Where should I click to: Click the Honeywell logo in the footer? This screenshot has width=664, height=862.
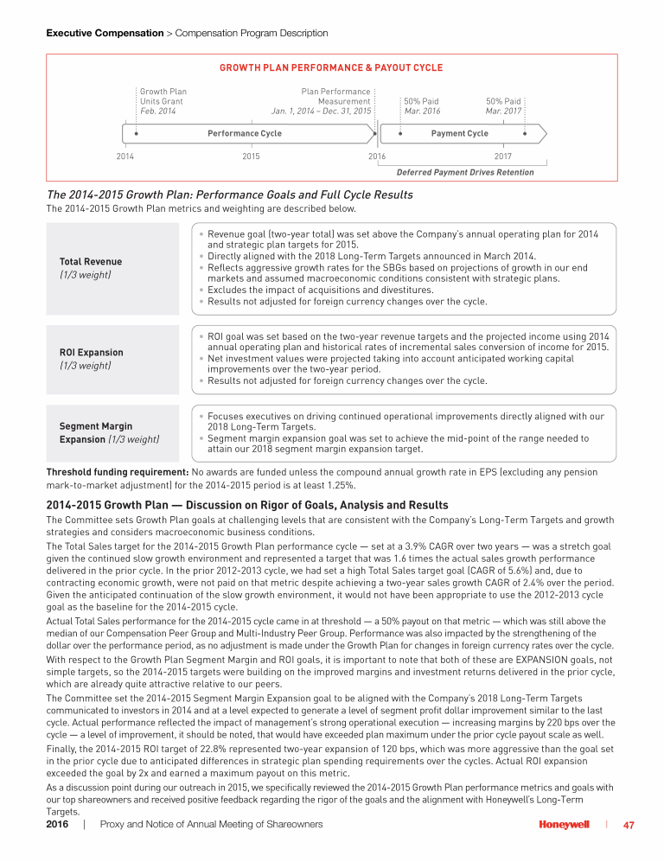pos(565,825)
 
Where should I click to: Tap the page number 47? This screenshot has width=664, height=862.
pos(629,825)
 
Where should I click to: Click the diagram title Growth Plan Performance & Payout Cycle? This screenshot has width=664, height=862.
pos(331,67)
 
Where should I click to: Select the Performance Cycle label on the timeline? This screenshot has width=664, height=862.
pos(245,133)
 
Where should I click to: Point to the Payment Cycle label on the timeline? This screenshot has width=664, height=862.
pos(459,133)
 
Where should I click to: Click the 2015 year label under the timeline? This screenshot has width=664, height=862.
pos(251,156)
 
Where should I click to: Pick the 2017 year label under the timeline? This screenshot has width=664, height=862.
pos(502,156)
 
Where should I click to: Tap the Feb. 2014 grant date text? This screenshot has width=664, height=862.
pos(158,112)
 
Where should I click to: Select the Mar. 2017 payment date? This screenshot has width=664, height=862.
pos(503,112)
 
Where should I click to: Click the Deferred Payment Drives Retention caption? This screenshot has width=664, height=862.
pos(464,172)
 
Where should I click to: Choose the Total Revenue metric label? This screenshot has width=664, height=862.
pos(91,262)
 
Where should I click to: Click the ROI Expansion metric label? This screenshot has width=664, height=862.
pos(91,353)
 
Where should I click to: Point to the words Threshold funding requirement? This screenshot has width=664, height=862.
pos(117,472)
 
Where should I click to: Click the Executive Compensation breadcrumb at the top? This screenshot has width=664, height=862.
pos(105,33)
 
